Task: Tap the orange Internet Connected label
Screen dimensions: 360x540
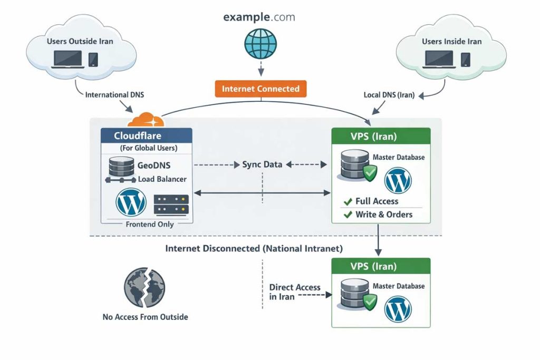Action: (x=261, y=89)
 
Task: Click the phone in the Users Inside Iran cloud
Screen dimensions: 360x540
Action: (x=466, y=59)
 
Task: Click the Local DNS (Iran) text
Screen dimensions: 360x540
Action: (x=389, y=95)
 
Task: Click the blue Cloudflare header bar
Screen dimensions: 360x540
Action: (x=146, y=135)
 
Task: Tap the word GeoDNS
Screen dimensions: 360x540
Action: (x=154, y=166)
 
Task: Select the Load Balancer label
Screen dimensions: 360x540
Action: (x=162, y=179)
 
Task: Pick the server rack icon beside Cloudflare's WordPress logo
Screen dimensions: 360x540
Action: (x=171, y=204)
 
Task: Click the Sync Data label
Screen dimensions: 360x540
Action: (x=262, y=164)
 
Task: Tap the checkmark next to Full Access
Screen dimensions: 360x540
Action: (x=348, y=201)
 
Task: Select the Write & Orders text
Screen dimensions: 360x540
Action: (x=384, y=215)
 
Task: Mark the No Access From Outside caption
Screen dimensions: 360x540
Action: (x=145, y=317)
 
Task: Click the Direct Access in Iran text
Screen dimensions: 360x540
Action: (x=294, y=292)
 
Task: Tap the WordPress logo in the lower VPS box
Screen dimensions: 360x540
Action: (x=398, y=309)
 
